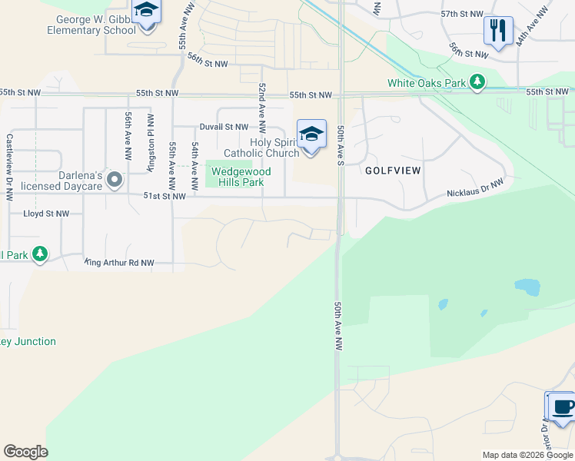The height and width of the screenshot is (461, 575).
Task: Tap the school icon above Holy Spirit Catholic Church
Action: point(311,134)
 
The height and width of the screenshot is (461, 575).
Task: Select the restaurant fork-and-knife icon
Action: point(498,31)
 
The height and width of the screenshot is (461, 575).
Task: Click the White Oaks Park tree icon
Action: point(477,81)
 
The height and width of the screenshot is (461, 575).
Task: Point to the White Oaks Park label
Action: point(427,82)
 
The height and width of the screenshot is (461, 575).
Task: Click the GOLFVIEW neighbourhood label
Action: point(393,170)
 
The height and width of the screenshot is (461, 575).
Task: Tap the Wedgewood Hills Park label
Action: point(238,177)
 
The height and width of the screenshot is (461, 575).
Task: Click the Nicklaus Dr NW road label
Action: point(475,189)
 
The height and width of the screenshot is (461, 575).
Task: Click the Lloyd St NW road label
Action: point(46,214)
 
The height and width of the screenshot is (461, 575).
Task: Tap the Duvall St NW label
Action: point(224,126)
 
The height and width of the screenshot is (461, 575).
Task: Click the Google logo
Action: point(25,452)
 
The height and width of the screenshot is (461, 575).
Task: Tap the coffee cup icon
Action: point(562,406)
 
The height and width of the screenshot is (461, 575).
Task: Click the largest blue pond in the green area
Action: point(527,287)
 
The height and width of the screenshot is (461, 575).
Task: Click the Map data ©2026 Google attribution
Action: point(527,455)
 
